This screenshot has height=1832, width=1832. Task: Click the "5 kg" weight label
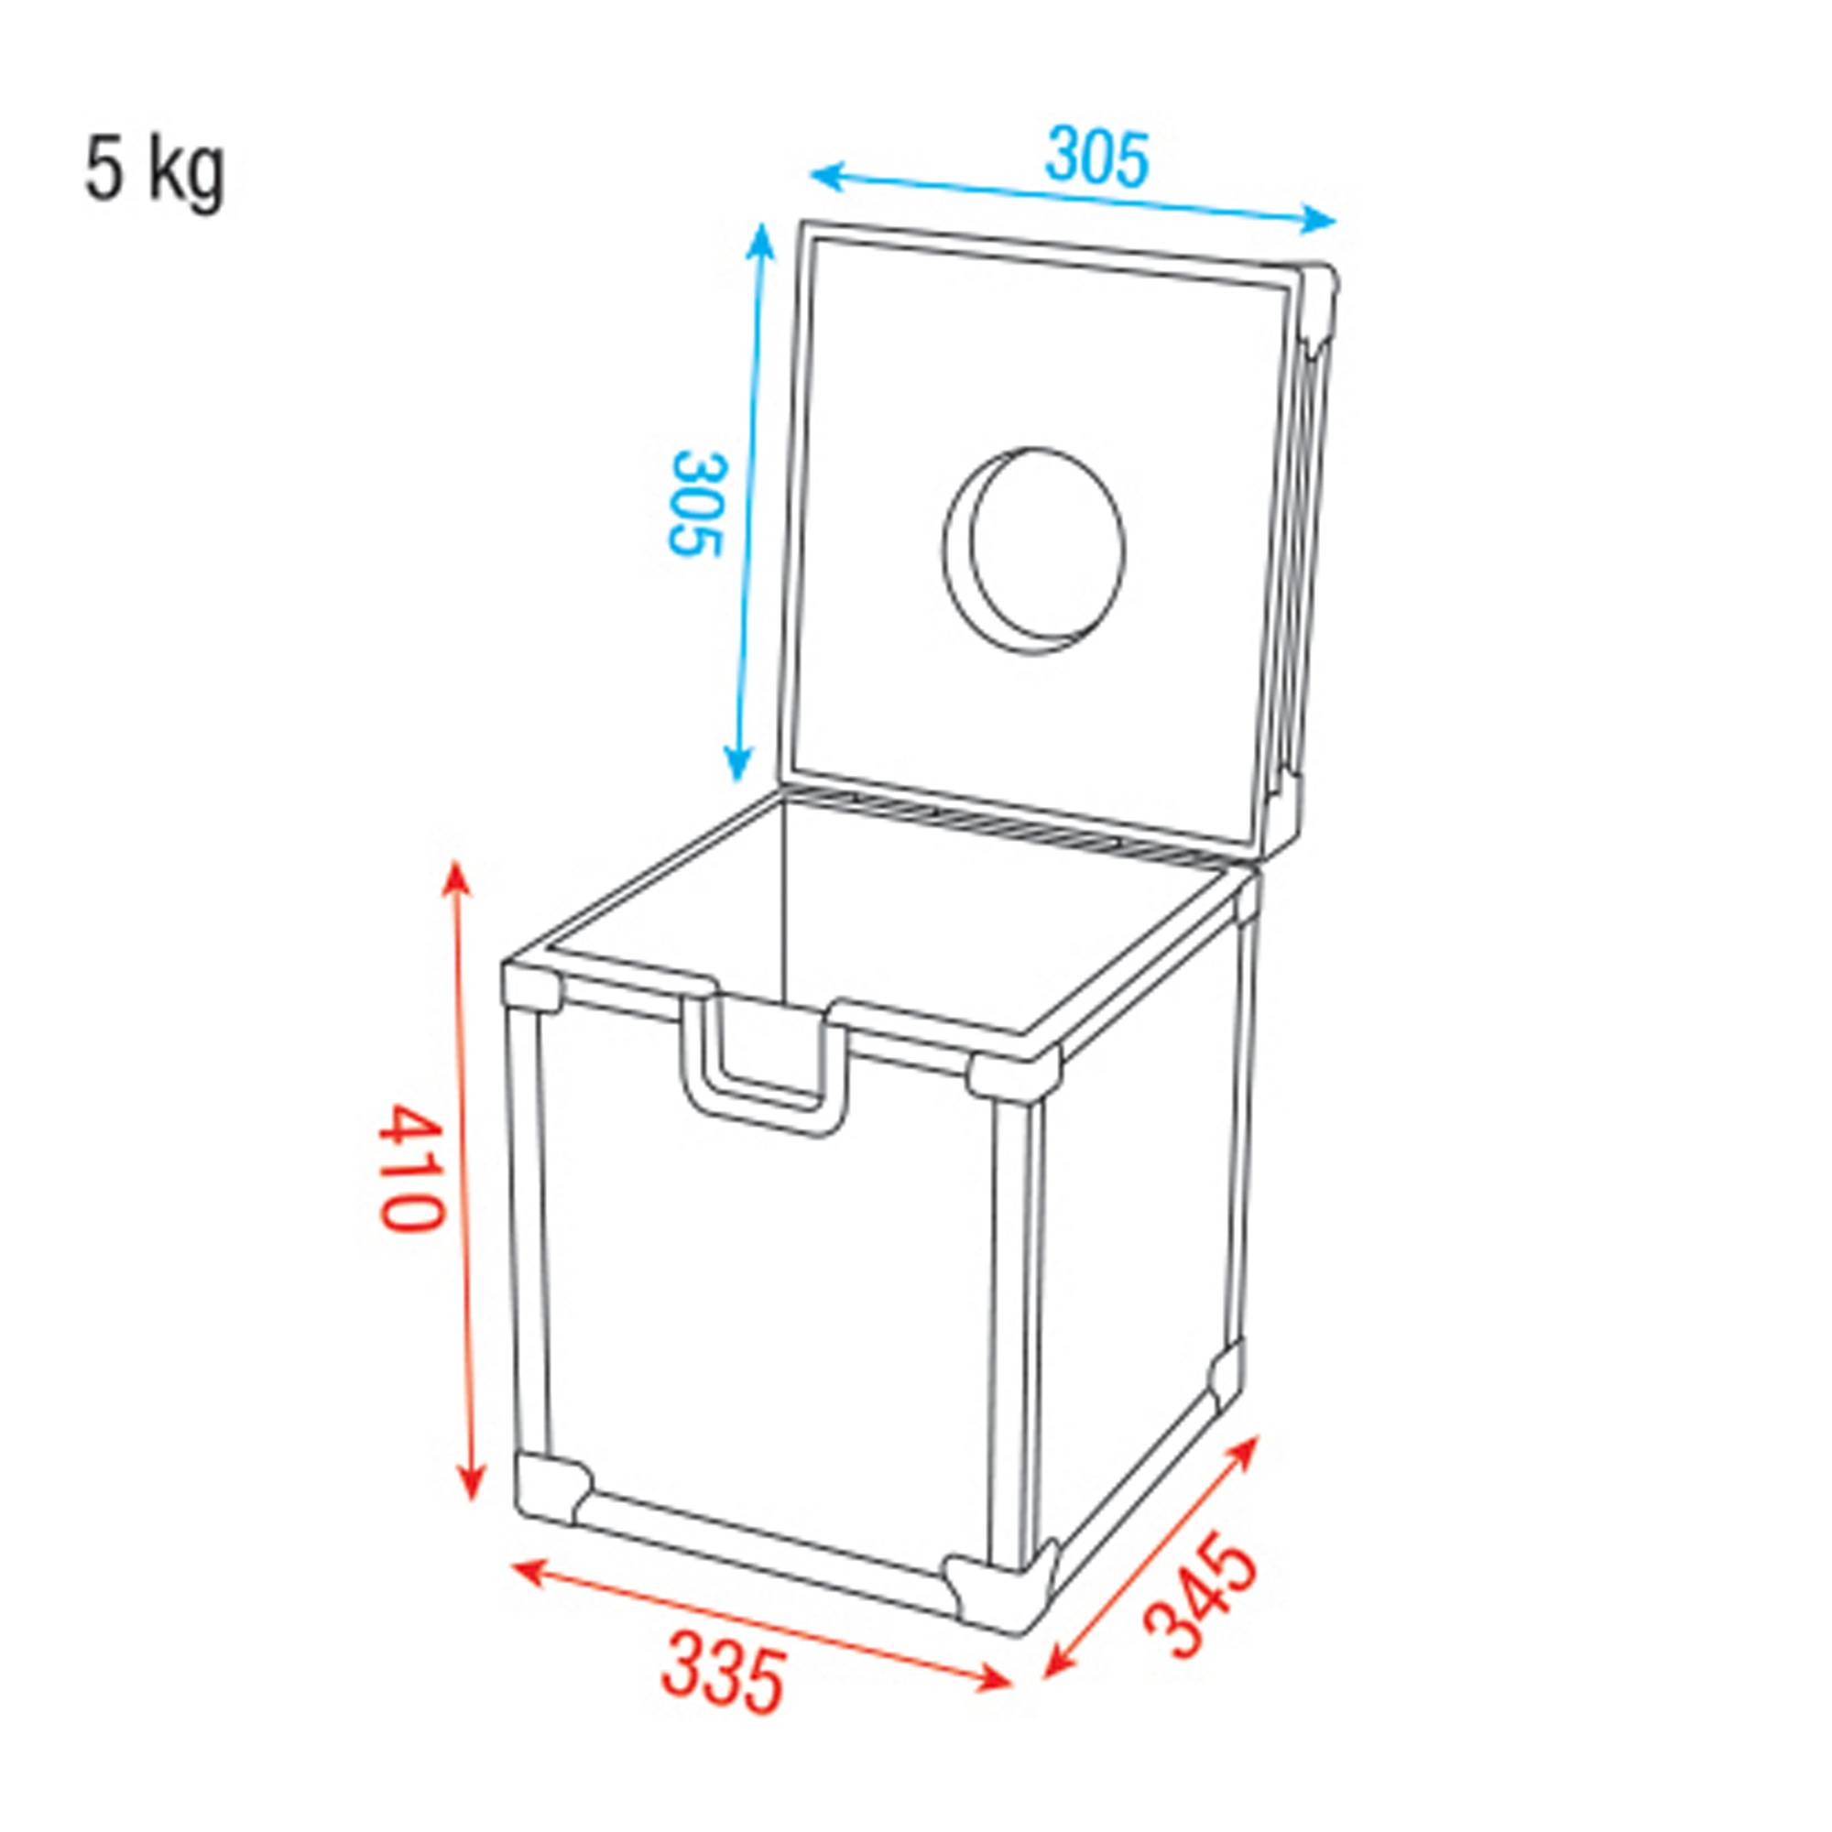pos(156,171)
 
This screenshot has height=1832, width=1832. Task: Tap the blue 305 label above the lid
pos(1096,158)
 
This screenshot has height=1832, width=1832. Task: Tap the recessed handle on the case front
pos(764,1062)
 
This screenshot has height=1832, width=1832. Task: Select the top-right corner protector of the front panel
pos(1013,1074)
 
